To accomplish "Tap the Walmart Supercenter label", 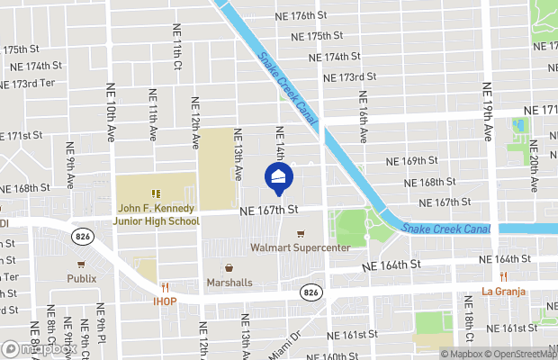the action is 300,247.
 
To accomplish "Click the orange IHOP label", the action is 163,301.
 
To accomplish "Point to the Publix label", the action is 81,278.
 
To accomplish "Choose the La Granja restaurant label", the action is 504,291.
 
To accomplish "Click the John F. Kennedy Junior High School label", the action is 157,215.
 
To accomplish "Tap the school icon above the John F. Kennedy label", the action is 156,193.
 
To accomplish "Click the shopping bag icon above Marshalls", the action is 228,267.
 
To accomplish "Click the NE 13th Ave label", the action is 239,154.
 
